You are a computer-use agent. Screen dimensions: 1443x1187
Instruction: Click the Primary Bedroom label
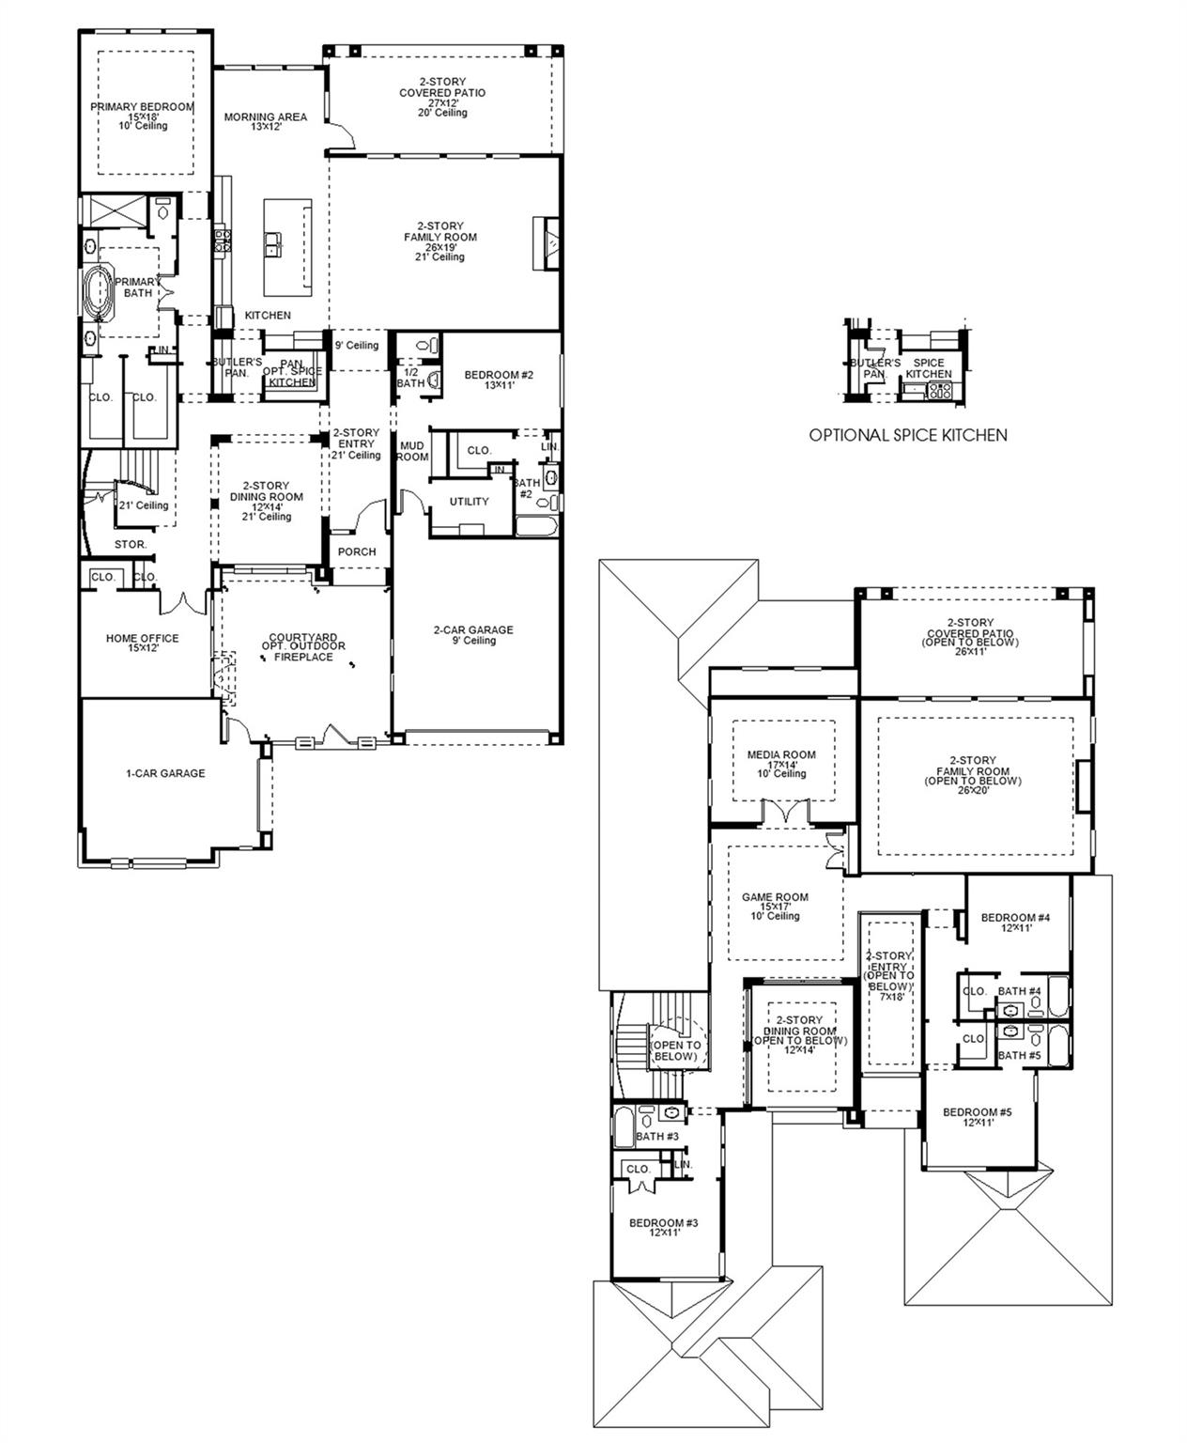pyautogui.click(x=142, y=107)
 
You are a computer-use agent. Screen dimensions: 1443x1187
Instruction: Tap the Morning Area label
pyautogui.click(x=265, y=117)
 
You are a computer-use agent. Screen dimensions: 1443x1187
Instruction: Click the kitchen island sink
pyautogui.click(x=274, y=245)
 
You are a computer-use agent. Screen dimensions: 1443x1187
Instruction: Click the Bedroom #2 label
pyautogui.click(x=499, y=376)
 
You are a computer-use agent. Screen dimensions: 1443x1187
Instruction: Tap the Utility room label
pyautogui.click(x=469, y=502)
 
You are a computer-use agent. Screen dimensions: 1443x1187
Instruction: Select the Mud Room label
pyautogui.click(x=412, y=451)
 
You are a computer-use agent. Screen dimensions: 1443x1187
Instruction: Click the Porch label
pyautogui.click(x=357, y=551)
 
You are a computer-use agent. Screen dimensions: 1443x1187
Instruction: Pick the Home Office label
pyautogui.click(x=142, y=639)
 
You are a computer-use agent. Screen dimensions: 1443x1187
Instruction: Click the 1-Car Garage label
pyautogui.click(x=165, y=774)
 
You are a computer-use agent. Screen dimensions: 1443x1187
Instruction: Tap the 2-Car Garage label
pyautogui.click(x=473, y=630)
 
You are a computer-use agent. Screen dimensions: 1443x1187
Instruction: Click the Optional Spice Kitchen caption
pyautogui.click(x=908, y=435)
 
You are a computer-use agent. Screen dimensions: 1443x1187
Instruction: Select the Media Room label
pyautogui.click(x=781, y=754)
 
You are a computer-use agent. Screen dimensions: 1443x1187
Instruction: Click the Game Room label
pyautogui.click(x=775, y=897)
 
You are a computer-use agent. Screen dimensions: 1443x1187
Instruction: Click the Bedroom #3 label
pyautogui.click(x=663, y=1223)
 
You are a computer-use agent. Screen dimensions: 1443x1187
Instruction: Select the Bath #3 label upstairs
pyautogui.click(x=656, y=1137)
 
